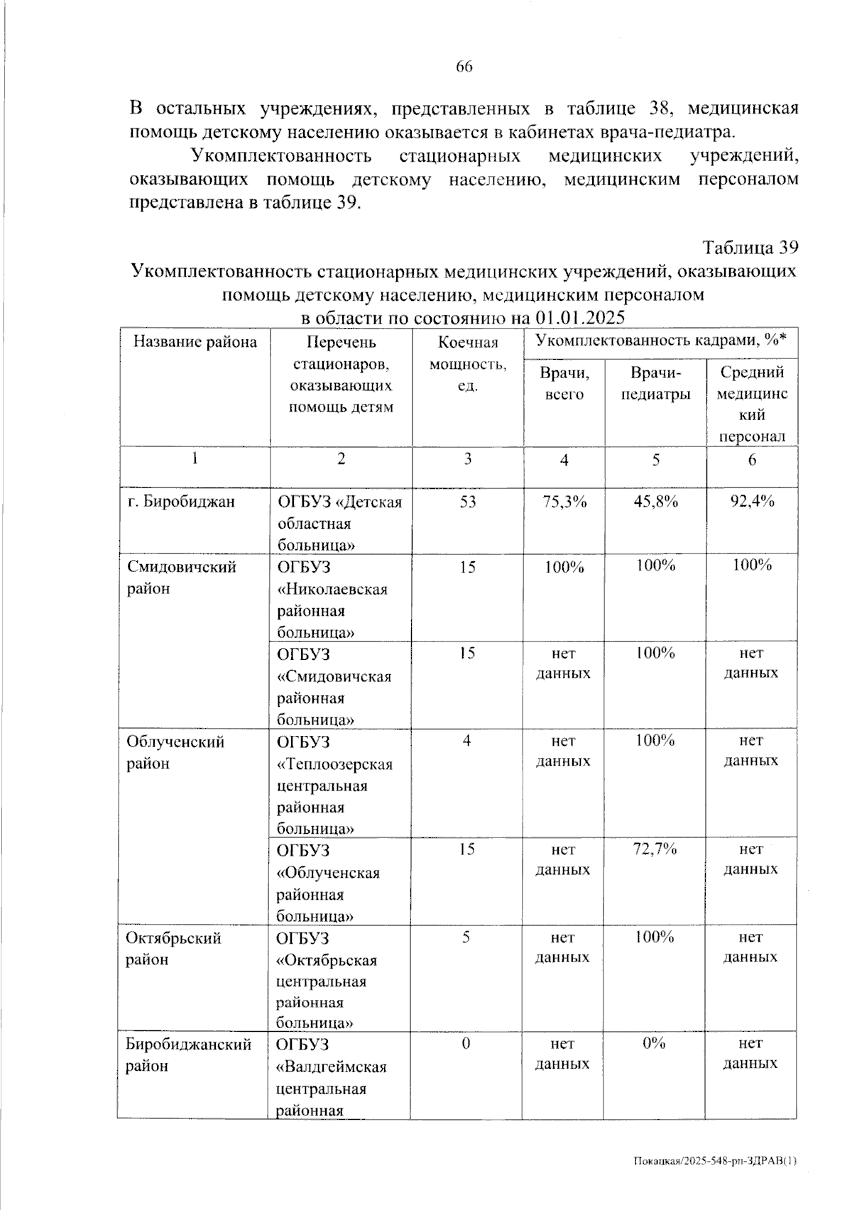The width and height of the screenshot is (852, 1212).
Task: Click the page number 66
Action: (x=464, y=67)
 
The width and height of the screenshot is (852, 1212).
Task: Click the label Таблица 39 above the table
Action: (x=750, y=248)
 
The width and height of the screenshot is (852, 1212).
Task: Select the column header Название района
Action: (x=195, y=342)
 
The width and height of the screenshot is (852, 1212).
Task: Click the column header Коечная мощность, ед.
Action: (x=468, y=364)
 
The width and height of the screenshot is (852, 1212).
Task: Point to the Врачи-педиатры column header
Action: (x=655, y=382)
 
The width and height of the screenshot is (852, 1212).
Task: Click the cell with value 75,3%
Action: (x=564, y=502)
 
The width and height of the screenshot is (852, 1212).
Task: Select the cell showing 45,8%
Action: (x=655, y=502)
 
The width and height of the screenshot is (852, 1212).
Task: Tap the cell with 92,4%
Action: (x=753, y=502)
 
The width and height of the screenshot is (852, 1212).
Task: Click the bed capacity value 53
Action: (x=468, y=502)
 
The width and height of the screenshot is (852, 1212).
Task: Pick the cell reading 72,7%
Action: (x=655, y=849)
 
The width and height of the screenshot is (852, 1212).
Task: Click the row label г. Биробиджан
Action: (x=180, y=502)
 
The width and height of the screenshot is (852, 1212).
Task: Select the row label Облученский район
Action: (x=175, y=752)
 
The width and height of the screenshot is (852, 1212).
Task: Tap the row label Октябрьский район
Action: (x=173, y=948)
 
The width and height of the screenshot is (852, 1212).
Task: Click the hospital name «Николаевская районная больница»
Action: (x=332, y=600)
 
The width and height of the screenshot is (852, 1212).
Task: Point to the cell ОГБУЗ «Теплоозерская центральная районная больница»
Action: (x=334, y=785)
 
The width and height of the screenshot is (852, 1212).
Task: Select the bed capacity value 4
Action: (x=466, y=741)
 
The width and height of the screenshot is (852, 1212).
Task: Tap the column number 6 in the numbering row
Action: (x=752, y=460)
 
